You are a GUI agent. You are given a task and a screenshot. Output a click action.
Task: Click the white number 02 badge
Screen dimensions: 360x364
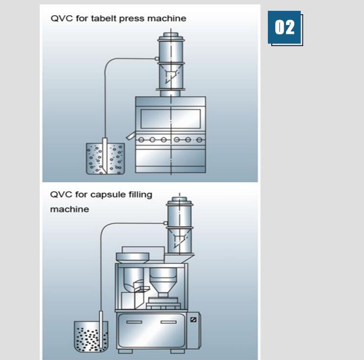pyautogui.click(x=285, y=27)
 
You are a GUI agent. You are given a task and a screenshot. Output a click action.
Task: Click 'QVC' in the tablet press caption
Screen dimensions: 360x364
pyautogui.click(x=61, y=19)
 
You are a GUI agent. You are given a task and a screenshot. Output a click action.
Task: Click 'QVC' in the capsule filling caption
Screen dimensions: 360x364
pyautogui.click(x=61, y=195)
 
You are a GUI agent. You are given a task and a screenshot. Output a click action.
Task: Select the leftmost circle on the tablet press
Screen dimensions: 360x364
pyautogui.click(x=141, y=140)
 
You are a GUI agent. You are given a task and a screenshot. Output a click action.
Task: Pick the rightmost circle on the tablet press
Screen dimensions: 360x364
pyautogui.click(x=199, y=140)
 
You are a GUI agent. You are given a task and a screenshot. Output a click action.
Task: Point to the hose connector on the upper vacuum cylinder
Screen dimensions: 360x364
pyautogui.click(x=156, y=59)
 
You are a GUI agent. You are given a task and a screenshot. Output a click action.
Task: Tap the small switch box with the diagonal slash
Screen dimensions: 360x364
pyautogui.click(x=193, y=320)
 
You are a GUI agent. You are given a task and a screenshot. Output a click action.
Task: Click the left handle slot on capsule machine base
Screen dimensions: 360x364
pyautogui.click(x=134, y=322)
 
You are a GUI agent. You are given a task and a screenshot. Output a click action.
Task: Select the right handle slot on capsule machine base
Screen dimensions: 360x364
pyautogui.click(x=169, y=322)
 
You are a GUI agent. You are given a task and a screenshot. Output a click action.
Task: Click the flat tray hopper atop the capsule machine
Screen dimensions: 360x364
pyautogui.click(x=133, y=257)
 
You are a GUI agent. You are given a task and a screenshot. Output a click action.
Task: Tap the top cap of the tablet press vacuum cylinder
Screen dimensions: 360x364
pyautogui.click(x=170, y=37)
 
